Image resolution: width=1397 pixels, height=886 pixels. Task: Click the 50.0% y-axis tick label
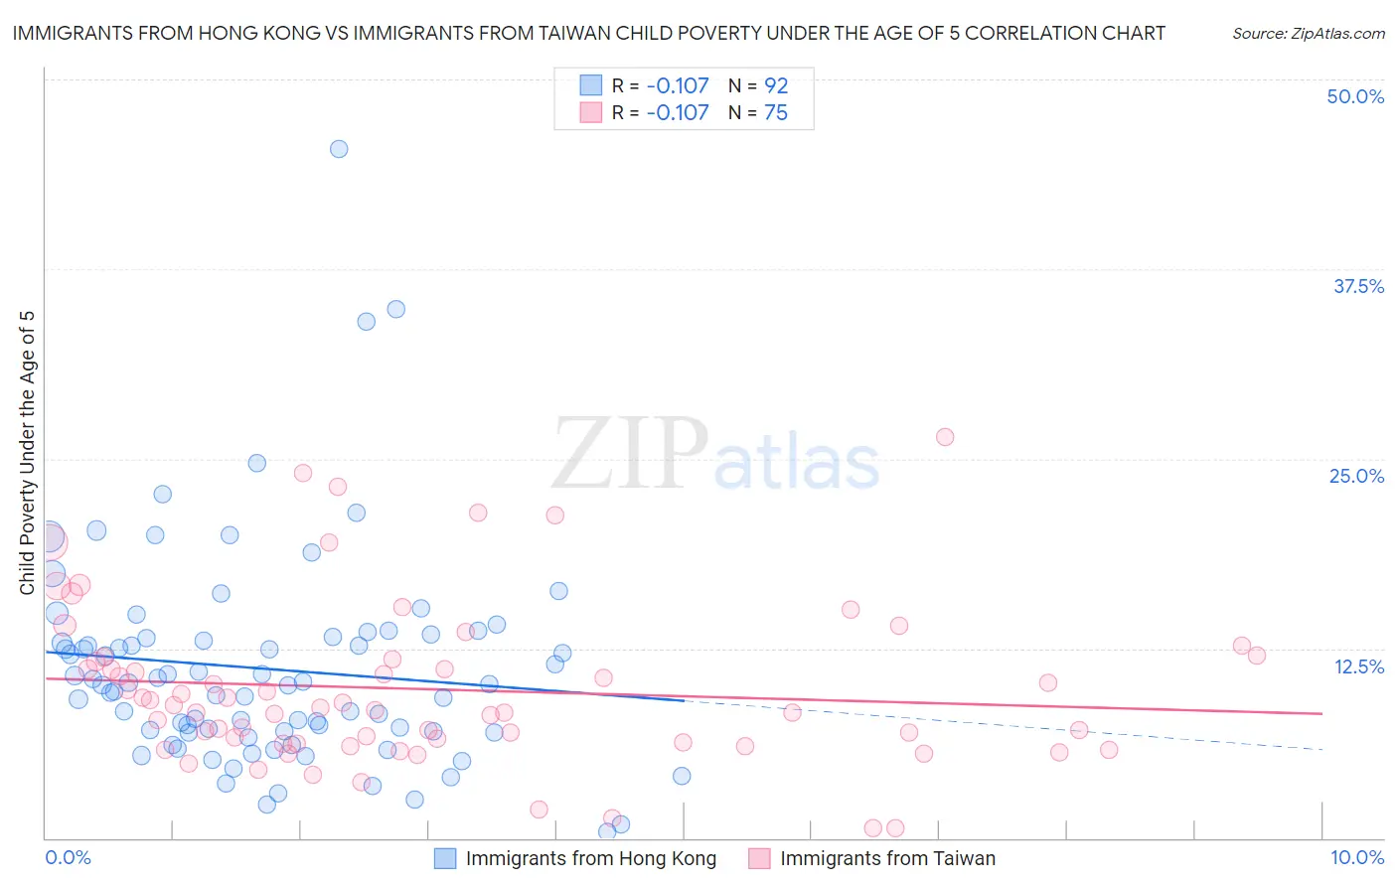(x=1355, y=96)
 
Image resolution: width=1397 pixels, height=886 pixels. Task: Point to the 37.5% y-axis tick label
(x=1358, y=286)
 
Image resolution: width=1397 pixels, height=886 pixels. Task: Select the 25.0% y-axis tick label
(x=1356, y=476)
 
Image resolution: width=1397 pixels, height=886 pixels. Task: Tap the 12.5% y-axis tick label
(x=1358, y=666)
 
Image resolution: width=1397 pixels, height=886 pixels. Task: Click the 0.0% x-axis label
(x=68, y=857)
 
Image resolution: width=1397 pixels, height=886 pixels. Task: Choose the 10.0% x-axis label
(x=1356, y=857)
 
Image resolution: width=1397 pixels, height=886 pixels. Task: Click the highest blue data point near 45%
(x=339, y=149)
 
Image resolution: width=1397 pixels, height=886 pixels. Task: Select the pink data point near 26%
(x=945, y=437)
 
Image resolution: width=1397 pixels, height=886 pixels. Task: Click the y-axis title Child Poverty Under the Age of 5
(x=27, y=453)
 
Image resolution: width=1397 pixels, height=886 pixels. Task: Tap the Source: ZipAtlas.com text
(x=1308, y=34)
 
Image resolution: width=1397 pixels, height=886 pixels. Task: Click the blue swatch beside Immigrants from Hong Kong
(x=445, y=858)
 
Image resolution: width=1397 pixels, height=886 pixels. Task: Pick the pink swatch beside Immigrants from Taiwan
(x=759, y=858)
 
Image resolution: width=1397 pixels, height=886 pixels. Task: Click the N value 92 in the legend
(x=776, y=86)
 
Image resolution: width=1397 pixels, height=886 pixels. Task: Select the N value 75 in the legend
(x=776, y=113)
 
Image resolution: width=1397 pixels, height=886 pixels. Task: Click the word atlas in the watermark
(x=797, y=463)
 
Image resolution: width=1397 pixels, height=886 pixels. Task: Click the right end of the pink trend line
(x=1321, y=713)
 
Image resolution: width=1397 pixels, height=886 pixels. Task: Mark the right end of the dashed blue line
(x=1321, y=749)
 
